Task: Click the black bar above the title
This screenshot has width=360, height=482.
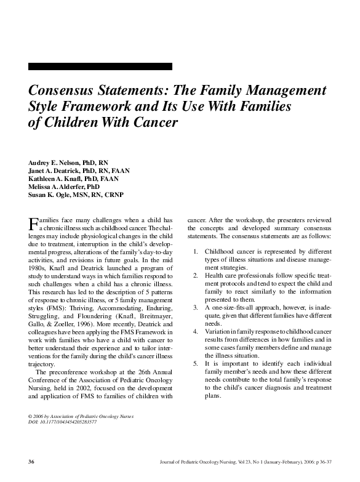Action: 100,66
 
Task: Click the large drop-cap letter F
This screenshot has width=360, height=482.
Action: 33,223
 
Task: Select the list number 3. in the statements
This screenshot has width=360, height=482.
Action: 195,307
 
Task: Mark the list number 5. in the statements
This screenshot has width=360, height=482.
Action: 195,364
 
